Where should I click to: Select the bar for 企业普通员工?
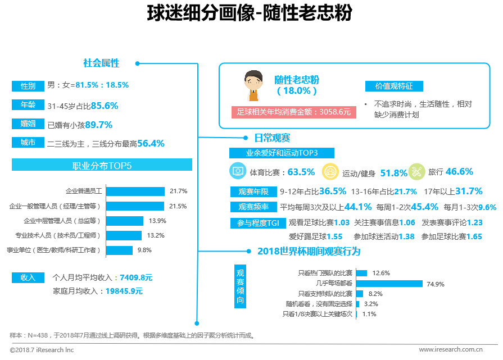click(135, 192)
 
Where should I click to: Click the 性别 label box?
click(28, 86)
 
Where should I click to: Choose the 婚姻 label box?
click(28, 124)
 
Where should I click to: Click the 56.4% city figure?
click(151, 143)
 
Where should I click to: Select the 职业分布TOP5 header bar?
click(102, 165)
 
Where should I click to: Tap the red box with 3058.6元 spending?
click(293, 112)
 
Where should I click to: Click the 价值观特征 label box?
click(394, 86)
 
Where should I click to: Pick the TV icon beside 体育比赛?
click(238, 171)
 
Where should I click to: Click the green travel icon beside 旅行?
click(416, 171)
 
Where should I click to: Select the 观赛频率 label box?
click(253, 206)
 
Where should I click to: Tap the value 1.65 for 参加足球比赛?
click(474, 236)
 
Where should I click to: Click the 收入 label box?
click(28, 277)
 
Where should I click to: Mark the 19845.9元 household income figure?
click(124, 291)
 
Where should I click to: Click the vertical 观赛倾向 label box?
click(240, 287)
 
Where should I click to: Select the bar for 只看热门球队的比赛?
click(361, 273)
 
